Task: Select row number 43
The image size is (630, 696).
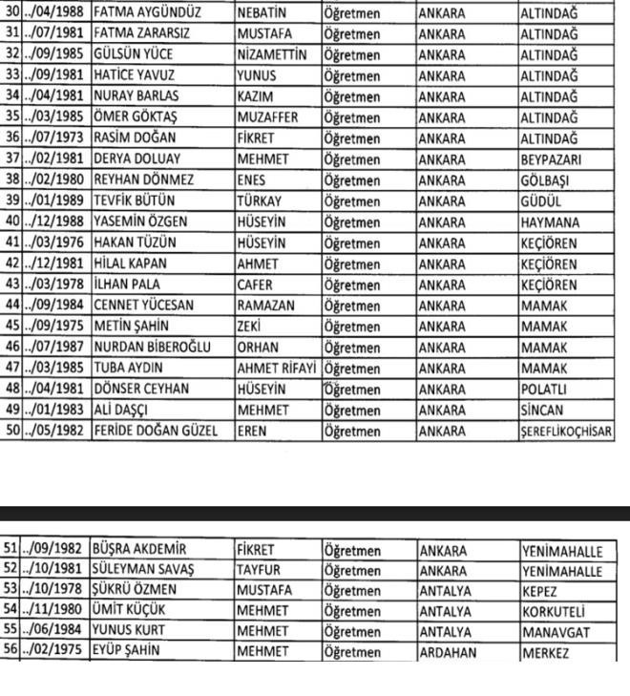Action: pyautogui.click(x=12, y=285)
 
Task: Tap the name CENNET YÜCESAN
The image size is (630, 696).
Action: pyautogui.click(x=144, y=304)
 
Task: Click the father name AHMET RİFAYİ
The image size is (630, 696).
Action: pyautogui.click(x=277, y=368)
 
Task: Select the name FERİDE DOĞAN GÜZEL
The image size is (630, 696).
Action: pyautogui.click(x=158, y=431)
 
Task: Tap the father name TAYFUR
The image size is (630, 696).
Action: pyautogui.click(x=260, y=570)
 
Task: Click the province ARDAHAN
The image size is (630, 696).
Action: pyautogui.click(x=449, y=651)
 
